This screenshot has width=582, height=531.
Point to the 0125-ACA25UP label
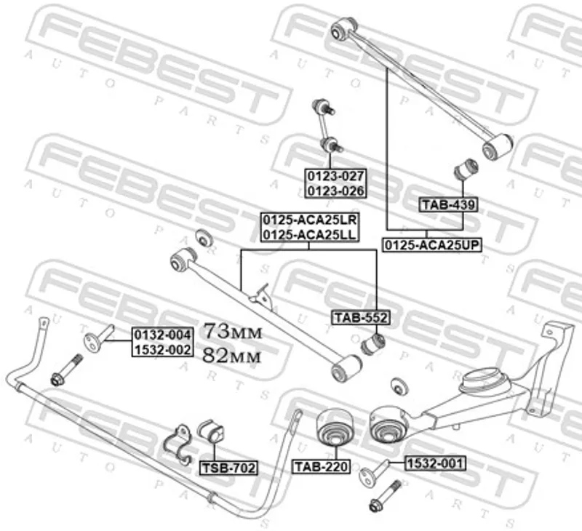point(433,244)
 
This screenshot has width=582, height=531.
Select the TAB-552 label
point(361,317)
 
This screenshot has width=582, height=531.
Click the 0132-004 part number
point(162,334)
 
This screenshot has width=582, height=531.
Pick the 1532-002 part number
point(162,349)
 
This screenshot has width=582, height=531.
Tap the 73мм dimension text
point(231,332)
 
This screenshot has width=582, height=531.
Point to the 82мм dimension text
point(231,355)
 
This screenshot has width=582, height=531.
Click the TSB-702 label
point(228,468)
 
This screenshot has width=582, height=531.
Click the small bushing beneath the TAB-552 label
point(374,342)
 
